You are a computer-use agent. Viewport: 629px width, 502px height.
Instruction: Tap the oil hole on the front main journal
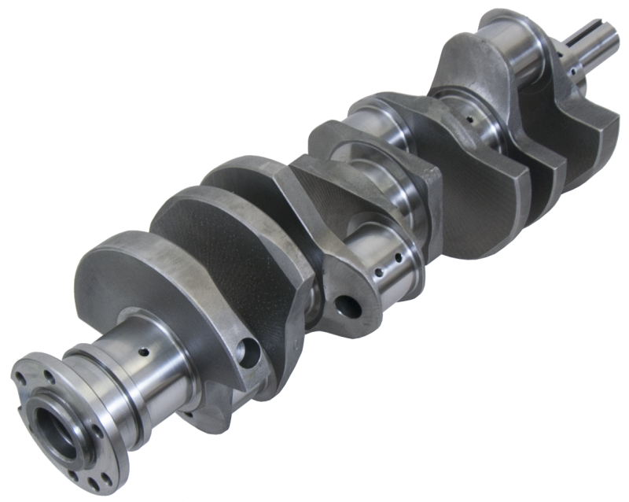[x=469, y=120]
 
